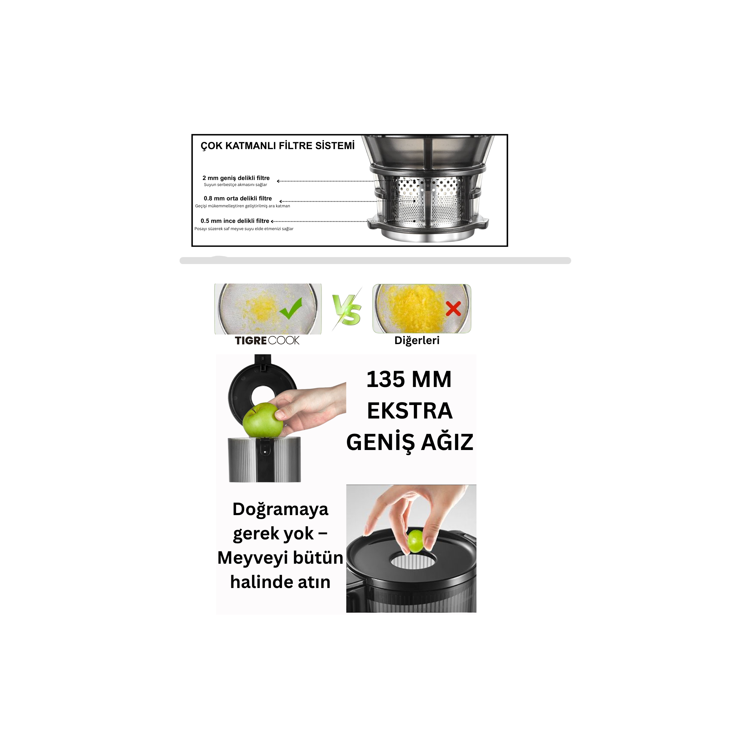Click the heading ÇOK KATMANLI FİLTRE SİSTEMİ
tap(277, 146)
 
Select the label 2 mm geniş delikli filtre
tap(236, 178)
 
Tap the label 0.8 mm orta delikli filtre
tap(238, 198)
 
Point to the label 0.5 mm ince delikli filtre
tap(235, 221)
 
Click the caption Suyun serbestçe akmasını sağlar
tap(235, 185)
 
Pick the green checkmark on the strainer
tap(291, 309)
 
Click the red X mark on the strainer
tap(453, 309)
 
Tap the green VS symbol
tap(347, 309)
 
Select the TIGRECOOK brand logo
tap(267, 340)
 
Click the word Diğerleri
tap(417, 340)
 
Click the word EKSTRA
tap(410, 411)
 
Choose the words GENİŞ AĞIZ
tap(410, 442)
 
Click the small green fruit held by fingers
tap(416, 541)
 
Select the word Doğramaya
tap(280, 510)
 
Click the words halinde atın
tap(280, 582)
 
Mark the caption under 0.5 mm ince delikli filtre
tap(244, 229)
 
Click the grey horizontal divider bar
tap(375, 260)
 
